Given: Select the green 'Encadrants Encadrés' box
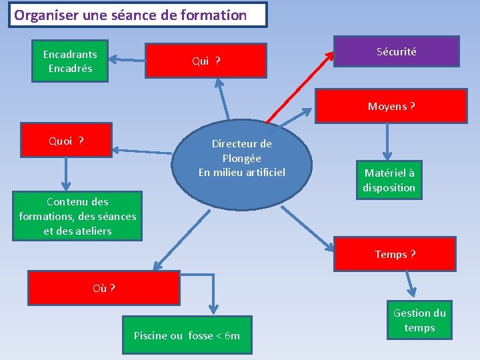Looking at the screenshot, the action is [70, 62].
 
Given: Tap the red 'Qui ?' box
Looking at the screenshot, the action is [206, 61].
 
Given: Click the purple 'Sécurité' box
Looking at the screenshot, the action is [396, 51].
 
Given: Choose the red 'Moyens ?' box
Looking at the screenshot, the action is [391, 106].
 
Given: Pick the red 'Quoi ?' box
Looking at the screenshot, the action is [66, 141].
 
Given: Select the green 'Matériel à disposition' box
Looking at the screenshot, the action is [389, 180].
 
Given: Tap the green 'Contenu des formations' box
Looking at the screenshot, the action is [77, 216].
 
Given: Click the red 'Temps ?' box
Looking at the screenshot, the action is [395, 254].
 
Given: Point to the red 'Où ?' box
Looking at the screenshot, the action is [104, 288].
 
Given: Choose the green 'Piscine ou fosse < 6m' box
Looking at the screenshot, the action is [187, 335].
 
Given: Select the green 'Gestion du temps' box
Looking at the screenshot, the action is [419, 320].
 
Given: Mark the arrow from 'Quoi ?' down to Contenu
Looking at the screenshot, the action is [65, 173].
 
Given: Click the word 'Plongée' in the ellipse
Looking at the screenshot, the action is [241, 158].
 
